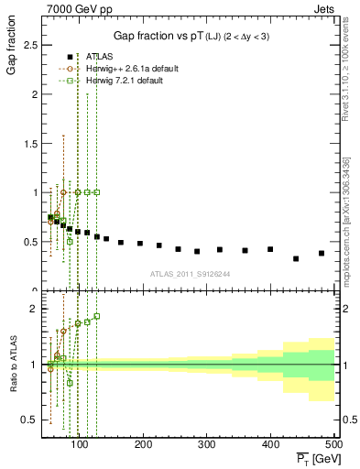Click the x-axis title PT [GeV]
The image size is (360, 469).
[x=311, y=457]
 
